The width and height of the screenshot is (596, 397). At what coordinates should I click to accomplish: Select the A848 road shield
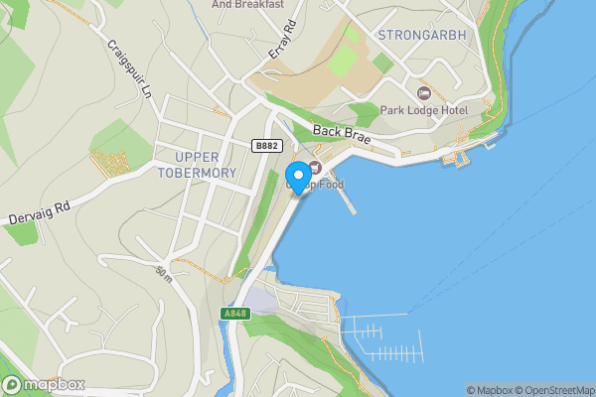(x=233, y=314)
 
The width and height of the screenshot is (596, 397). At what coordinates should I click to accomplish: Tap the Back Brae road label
(x=341, y=135)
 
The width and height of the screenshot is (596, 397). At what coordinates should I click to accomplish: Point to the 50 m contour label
(x=163, y=272)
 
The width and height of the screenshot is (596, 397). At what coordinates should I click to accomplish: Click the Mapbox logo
(x=43, y=385)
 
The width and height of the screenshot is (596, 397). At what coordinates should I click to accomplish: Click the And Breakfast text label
(x=247, y=4)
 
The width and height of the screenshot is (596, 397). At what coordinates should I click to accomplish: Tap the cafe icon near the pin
(x=315, y=167)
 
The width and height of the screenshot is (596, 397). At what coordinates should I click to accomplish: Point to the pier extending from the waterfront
(x=345, y=198)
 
